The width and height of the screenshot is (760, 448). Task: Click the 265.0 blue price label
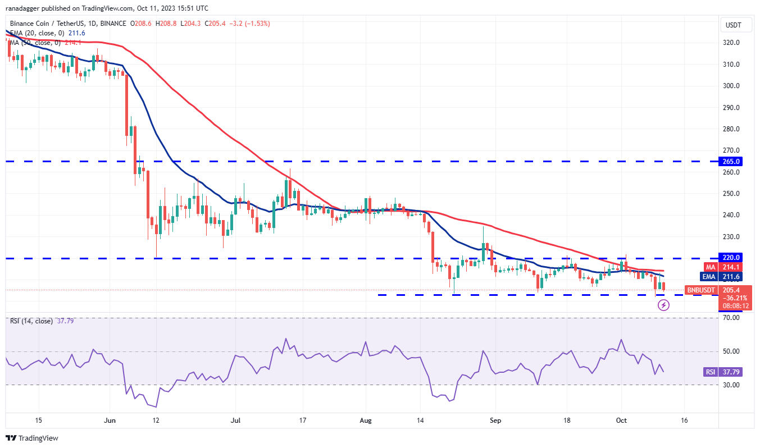[731, 161]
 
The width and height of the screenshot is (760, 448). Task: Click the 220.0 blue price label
[731, 257]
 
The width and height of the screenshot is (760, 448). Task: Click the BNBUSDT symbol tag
[700, 290]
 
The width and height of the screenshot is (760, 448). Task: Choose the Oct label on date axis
[621, 420]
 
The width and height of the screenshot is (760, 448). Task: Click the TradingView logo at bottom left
[32, 438]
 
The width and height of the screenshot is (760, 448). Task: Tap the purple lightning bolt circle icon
[664, 305]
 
